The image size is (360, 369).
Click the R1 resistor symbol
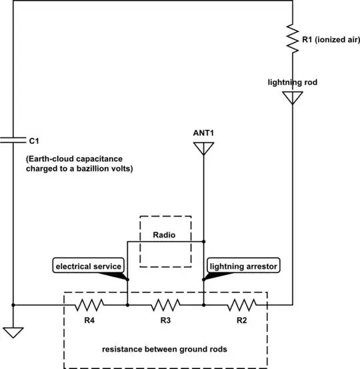[292, 41]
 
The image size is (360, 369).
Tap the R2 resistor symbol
[241, 305]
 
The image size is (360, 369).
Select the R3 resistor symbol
[165, 305]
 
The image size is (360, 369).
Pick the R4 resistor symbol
[89, 305]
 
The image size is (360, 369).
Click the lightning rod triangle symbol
[292, 98]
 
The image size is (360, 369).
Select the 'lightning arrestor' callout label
[243, 266]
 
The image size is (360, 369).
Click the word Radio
[165, 235]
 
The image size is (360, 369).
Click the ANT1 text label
[203, 132]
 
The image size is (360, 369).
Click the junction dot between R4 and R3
[127, 305]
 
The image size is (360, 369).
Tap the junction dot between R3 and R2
[203, 305]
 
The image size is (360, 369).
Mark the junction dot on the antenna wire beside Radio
[203, 242]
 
